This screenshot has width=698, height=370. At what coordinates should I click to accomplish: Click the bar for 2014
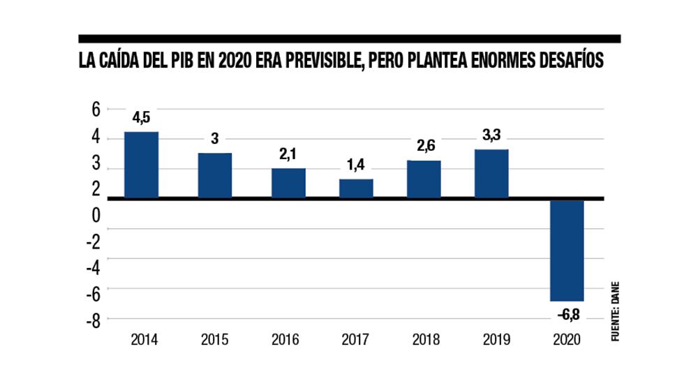click(x=142, y=165)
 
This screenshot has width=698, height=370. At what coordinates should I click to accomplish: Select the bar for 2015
click(x=215, y=176)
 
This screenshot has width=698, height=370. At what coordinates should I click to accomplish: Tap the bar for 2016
click(x=288, y=184)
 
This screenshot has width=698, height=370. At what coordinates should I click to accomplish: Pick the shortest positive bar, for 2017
click(x=356, y=189)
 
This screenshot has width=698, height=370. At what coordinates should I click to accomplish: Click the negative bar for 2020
click(x=567, y=250)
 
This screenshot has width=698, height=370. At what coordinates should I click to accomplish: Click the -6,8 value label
click(x=567, y=314)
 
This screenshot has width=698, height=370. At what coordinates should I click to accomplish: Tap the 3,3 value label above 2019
click(x=492, y=135)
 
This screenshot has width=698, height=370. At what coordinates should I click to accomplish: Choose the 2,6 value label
click(x=424, y=147)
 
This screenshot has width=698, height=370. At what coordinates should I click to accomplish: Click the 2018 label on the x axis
click(x=424, y=340)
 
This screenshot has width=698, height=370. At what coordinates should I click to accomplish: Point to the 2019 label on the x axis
click(x=493, y=340)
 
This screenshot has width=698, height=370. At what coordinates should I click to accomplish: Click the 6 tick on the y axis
click(x=95, y=110)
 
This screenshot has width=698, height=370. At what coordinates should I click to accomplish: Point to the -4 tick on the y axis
click(x=92, y=267)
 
